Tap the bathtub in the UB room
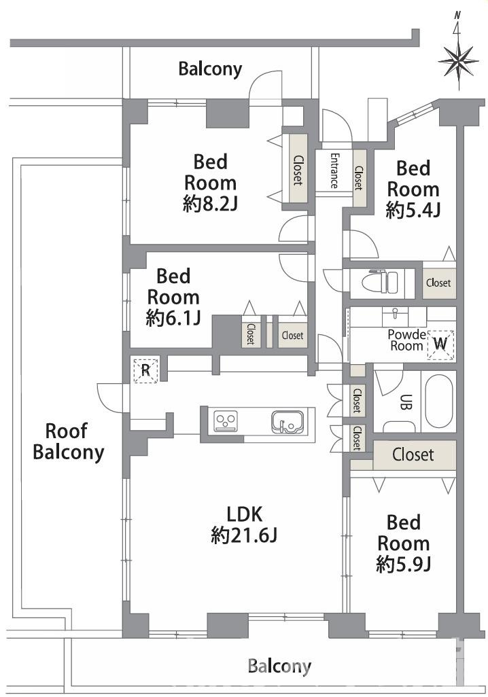pos(438,402)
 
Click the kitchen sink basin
pos(287,421)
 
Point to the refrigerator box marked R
pos(145,370)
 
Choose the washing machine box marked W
pos(440,344)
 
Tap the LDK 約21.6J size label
pos(244,525)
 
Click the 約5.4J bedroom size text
pos(413,210)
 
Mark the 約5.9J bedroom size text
pos(403,565)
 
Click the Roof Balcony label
pos(69,442)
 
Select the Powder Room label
pos(406,340)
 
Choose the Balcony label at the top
pos(210,69)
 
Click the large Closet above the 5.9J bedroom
pos(413,454)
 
